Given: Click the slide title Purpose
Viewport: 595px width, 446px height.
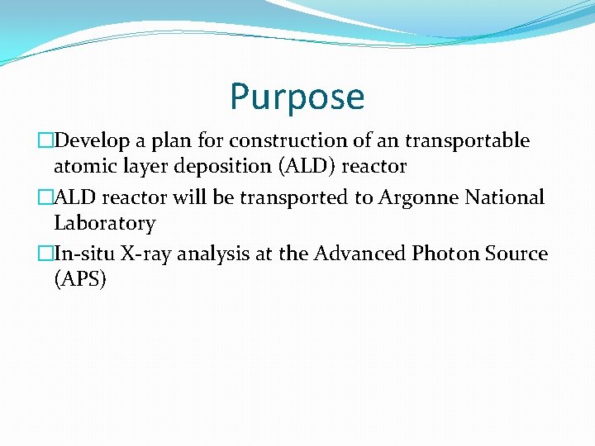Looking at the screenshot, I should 297,97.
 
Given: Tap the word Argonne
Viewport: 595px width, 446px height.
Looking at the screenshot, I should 413,198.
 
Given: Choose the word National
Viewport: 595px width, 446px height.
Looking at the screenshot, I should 505,198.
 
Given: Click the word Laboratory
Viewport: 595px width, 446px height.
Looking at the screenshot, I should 104,224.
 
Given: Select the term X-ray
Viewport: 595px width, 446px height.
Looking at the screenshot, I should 149,254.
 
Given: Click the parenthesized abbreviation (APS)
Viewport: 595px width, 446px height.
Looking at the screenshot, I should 79,280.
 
